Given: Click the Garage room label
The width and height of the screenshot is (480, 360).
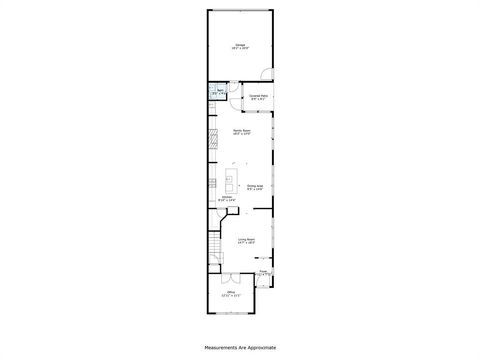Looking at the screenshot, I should (240, 46).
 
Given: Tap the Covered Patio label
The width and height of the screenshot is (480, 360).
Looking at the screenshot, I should (258, 97).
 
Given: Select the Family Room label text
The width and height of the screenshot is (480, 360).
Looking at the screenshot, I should (240, 131).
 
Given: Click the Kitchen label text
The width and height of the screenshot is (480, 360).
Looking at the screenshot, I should (227, 199).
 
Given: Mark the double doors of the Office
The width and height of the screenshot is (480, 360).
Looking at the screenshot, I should (231, 278).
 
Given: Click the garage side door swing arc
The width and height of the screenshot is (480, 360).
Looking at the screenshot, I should (267, 73).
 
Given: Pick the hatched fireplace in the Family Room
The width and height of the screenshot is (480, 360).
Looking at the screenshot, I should (212, 140).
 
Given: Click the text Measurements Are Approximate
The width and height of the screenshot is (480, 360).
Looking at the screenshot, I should (240, 347).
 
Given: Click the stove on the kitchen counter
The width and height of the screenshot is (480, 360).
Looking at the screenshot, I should (212, 183).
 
